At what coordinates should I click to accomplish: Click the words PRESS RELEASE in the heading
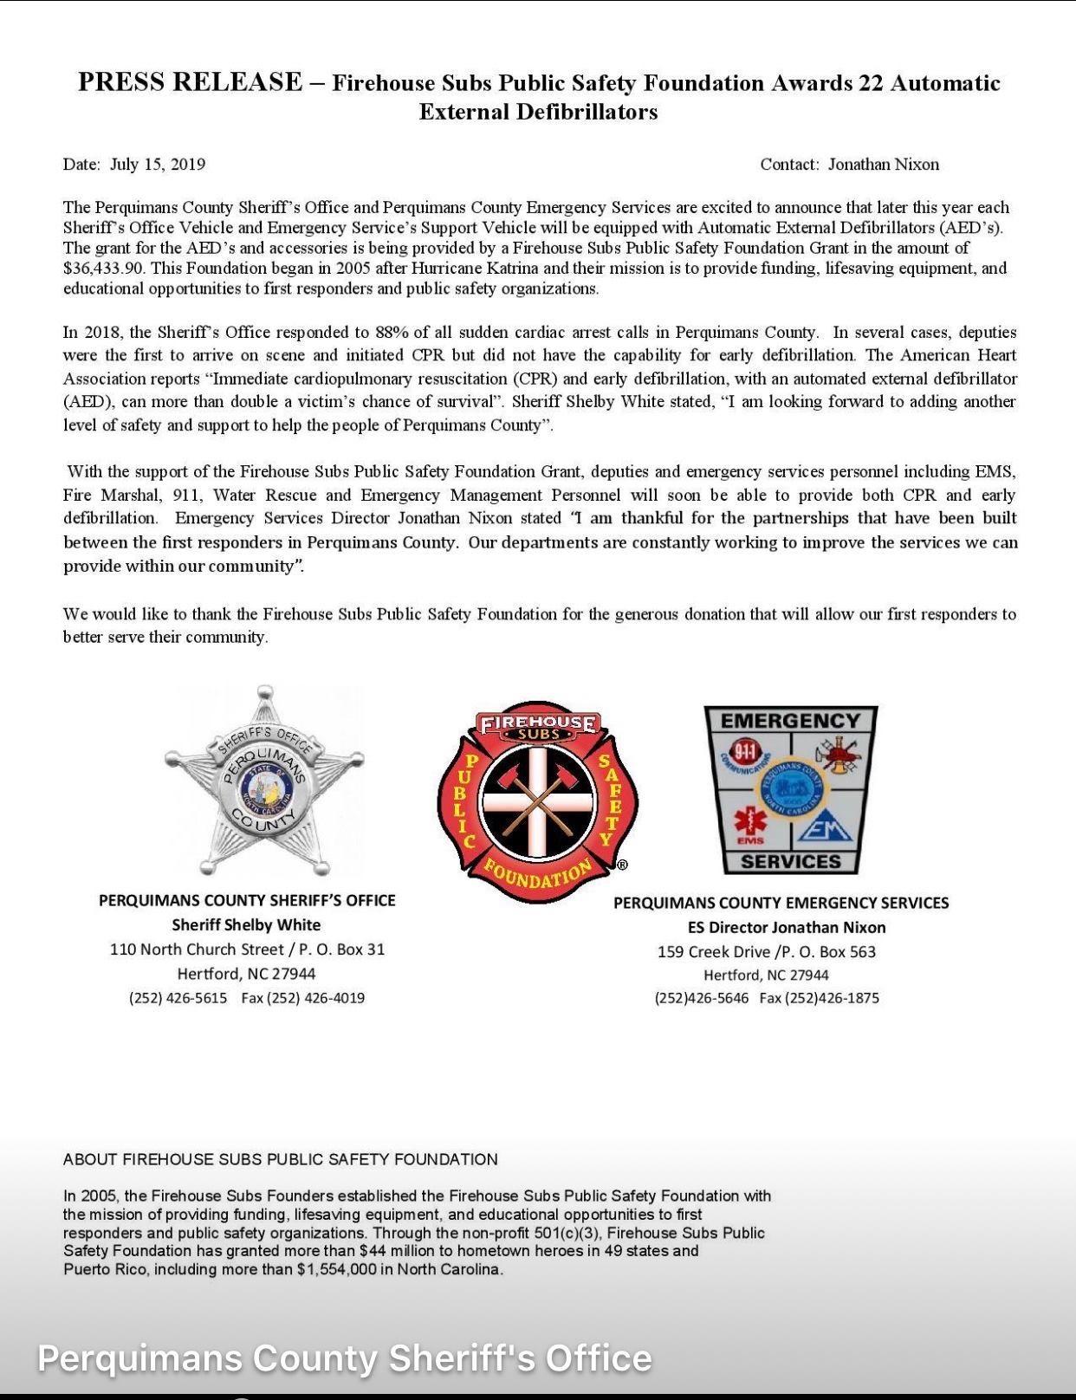tap(190, 82)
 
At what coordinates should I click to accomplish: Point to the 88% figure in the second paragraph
tap(392, 333)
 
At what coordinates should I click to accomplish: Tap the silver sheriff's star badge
tap(264, 781)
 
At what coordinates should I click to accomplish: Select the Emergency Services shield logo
tap(790, 789)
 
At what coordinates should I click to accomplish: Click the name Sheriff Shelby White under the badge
tap(246, 925)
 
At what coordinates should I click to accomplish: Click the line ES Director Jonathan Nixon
tap(787, 928)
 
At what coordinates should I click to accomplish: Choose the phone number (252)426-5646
tap(702, 998)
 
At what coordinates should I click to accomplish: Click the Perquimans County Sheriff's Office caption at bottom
tap(344, 1358)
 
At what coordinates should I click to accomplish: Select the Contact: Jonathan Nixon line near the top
tap(849, 165)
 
